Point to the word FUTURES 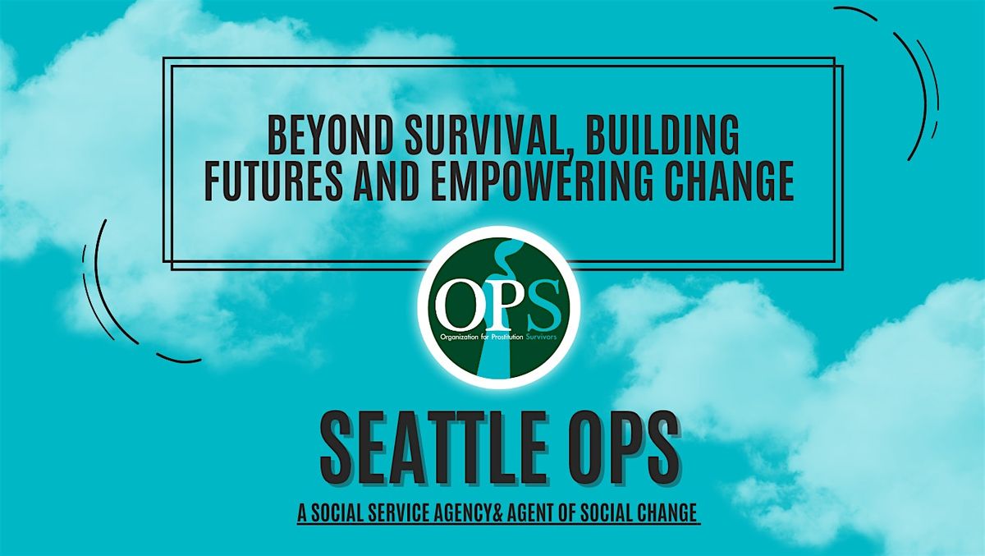[x=273, y=181]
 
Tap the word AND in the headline [x=386, y=181]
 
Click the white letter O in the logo [x=455, y=305]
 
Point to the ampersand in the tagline [x=497, y=513]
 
